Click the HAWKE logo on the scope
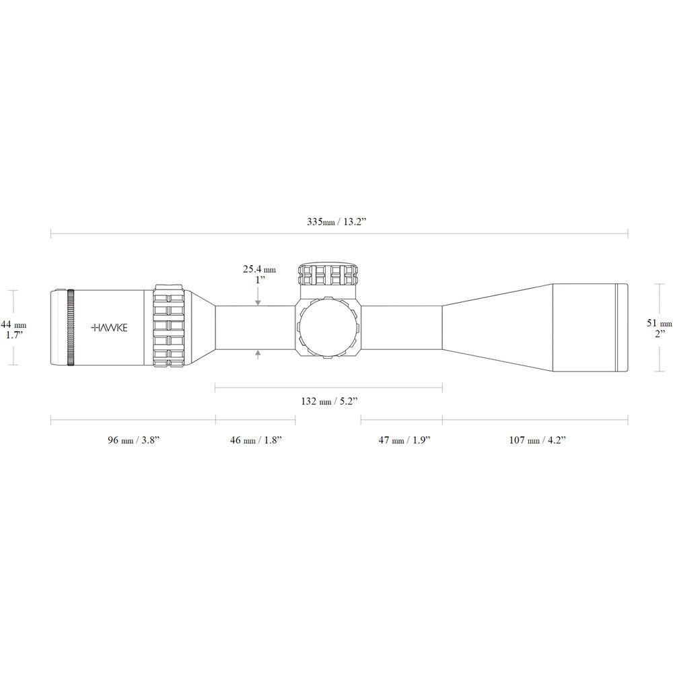(110, 328)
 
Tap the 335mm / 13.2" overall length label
(336, 222)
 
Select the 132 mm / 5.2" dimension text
(329, 401)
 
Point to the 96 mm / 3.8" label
(134, 440)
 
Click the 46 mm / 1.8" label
(256, 440)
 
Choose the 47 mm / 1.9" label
(404, 440)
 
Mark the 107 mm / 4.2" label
(537, 440)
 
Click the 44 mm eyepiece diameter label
(13, 324)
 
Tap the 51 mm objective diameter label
(660, 323)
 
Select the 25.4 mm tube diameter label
(259, 270)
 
